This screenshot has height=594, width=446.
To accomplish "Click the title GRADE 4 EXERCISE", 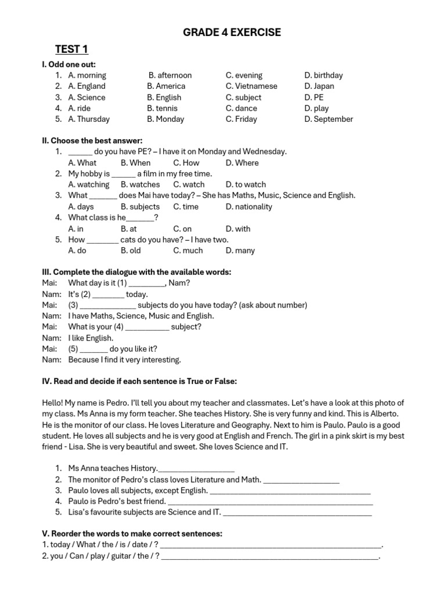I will pos(232,32).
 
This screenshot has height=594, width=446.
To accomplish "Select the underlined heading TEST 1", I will pos(71,49).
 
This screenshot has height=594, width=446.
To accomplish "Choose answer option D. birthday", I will pos(323,75).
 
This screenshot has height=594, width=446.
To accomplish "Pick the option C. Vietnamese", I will pos(251,86).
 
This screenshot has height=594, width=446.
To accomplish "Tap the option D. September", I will pos(328,119).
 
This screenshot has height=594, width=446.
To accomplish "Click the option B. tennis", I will pos(163,108).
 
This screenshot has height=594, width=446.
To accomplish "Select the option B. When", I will pos(135,163).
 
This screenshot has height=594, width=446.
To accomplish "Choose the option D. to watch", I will pos(246,185).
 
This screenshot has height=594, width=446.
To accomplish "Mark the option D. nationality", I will pos(249,207).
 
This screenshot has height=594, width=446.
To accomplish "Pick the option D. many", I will pos(240,251).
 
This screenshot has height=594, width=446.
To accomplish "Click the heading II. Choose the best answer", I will pos(92,141).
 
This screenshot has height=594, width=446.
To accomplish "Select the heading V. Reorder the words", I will pos(132,534).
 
